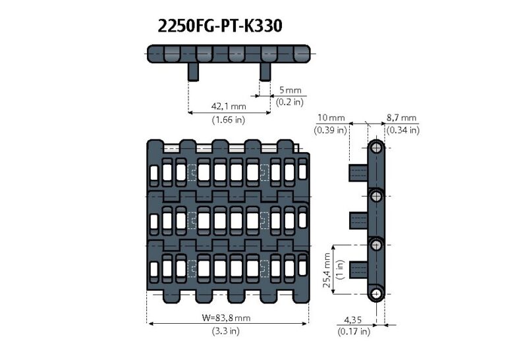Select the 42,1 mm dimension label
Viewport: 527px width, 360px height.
click(x=229, y=106)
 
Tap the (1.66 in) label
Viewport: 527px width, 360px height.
click(x=229, y=120)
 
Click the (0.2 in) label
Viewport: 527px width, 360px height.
click(x=290, y=101)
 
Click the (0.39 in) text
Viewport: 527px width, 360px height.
click(x=331, y=130)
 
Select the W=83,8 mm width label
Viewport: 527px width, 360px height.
click(x=226, y=318)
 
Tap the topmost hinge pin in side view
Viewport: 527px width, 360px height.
click(x=376, y=147)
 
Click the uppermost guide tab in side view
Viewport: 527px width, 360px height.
click(x=358, y=173)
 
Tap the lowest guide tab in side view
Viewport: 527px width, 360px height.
click(x=358, y=270)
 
